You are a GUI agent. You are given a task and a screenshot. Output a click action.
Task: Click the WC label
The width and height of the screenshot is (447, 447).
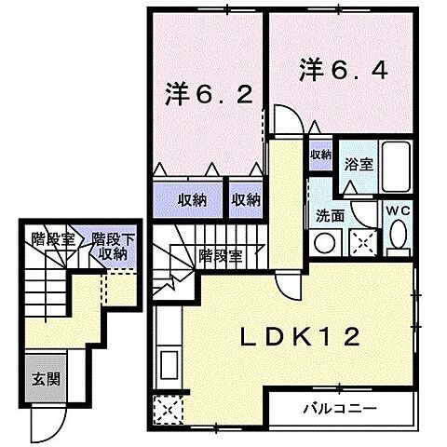(400, 210)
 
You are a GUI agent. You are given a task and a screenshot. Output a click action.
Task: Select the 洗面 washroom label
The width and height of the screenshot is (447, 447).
(329, 214)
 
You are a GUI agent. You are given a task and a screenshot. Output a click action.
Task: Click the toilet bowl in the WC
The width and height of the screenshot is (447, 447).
(400, 238)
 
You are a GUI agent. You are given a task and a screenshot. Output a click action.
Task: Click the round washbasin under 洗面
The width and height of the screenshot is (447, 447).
(325, 242)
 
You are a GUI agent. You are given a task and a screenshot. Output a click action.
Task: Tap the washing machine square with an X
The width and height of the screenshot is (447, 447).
(360, 242)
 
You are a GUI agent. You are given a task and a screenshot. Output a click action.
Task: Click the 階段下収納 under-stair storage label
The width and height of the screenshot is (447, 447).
(114, 246)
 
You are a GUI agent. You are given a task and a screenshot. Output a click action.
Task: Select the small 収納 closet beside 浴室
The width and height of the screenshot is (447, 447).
(321, 155)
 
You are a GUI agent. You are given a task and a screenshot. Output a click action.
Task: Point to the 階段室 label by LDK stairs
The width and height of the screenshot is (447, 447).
(221, 254)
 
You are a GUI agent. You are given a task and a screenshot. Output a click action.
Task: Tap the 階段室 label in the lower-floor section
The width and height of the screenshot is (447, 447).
(53, 237)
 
